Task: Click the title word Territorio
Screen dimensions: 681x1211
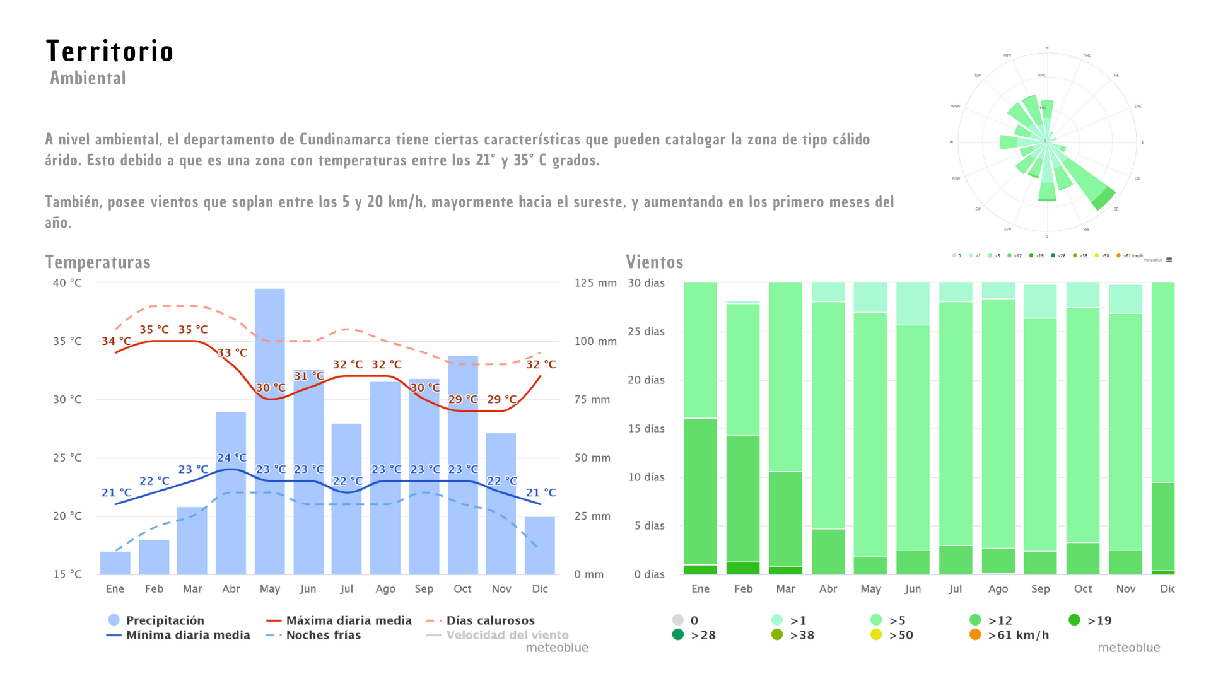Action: [x=110, y=52]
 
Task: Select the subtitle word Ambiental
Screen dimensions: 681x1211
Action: [x=88, y=78]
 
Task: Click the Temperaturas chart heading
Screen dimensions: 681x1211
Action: [x=98, y=262]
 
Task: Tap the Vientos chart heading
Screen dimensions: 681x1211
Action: [x=654, y=262]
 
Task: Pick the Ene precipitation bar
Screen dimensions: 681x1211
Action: [x=115, y=563]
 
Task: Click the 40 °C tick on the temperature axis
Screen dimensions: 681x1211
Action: [x=67, y=283]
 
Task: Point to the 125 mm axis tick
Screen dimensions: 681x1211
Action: [x=595, y=283]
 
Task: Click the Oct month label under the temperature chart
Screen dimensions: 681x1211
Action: [x=462, y=589]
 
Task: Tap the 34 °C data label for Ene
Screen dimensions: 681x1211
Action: [x=117, y=341]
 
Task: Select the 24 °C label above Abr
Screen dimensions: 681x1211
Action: [x=231, y=457]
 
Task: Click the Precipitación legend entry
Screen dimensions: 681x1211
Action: [x=165, y=620]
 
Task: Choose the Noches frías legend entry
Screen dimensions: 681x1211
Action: [x=323, y=635]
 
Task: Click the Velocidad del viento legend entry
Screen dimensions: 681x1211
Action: [x=506, y=635]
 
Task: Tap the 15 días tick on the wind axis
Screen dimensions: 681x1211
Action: [x=646, y=429]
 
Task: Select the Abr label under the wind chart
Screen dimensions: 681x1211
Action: [x=828, y=589]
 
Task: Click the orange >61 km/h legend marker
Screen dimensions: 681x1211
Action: [x=975, y=635]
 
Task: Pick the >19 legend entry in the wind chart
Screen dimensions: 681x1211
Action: [x=1099, y=620]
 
